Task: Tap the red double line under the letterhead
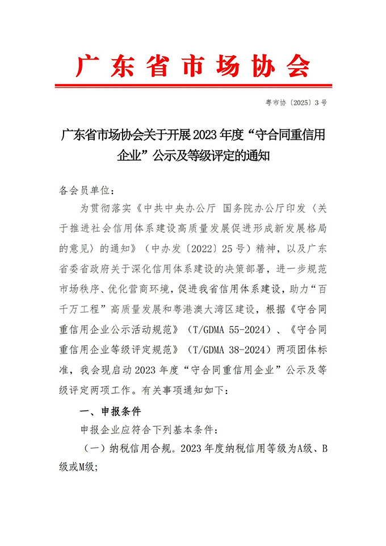tap(193, 86)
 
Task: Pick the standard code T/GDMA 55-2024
tap(227, 329)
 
